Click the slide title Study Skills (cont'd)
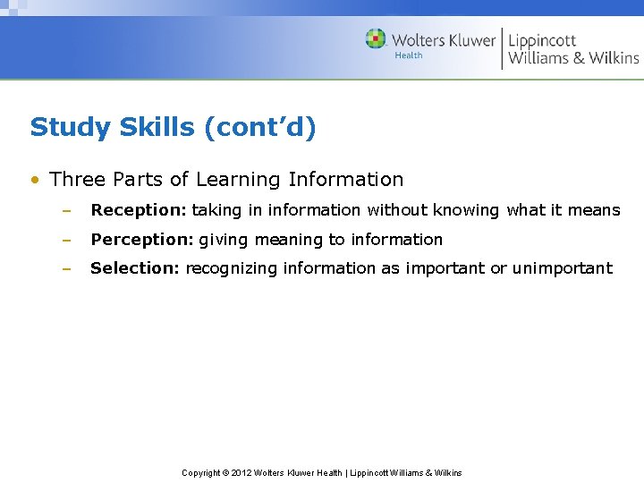coord(173,128)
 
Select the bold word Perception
coord(140,240)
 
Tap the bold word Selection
coord(134,268)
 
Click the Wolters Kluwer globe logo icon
coord(377,38)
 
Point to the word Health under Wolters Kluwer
coord(409,55)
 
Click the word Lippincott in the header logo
coord(543,40)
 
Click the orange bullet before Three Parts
coord(34,180)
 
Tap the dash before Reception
coord(66,211)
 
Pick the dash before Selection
coord(66,268)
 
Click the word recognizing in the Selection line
coord(231,268)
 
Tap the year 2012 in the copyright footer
coord(241,473)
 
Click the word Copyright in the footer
coord(201,473)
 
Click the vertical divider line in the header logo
coord(503,48)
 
